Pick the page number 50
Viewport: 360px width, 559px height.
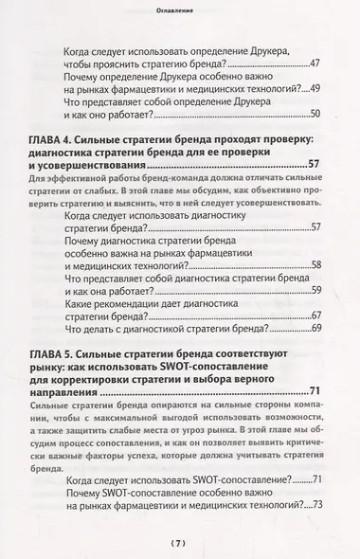tap(315, 113)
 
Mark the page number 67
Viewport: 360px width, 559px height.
tap(315, 314)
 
